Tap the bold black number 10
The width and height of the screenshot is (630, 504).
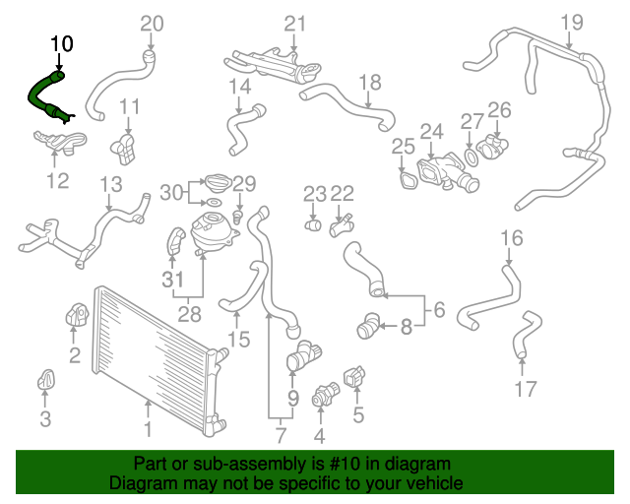(62, 44)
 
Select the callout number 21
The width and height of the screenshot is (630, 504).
(295, 24)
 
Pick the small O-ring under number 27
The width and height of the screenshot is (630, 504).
(472, 157)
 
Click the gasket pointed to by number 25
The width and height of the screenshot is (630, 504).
(409, 180)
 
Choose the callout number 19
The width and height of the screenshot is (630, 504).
(572, 23)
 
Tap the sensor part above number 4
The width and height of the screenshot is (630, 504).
(326, 395)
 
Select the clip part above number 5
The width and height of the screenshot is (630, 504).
(354, 377)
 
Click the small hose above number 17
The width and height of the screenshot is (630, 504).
(528, 334)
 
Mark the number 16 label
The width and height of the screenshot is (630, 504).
(512, 238)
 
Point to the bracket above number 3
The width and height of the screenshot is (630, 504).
(46, 379)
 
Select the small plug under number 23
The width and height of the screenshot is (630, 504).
(313, 225)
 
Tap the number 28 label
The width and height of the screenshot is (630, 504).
(189, 314)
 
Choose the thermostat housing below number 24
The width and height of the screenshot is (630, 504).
(447, 173)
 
